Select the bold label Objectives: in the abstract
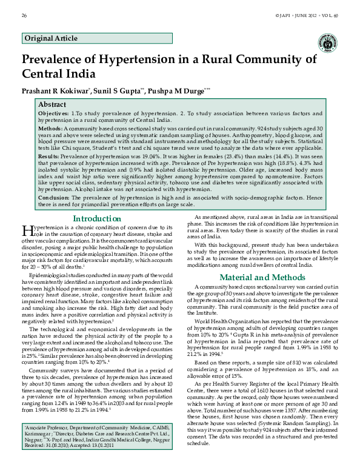(53, 113)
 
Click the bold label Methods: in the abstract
(50, 129)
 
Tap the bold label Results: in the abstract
(48, 156)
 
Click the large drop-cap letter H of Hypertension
(26, 230)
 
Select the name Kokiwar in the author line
(73, 90)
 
